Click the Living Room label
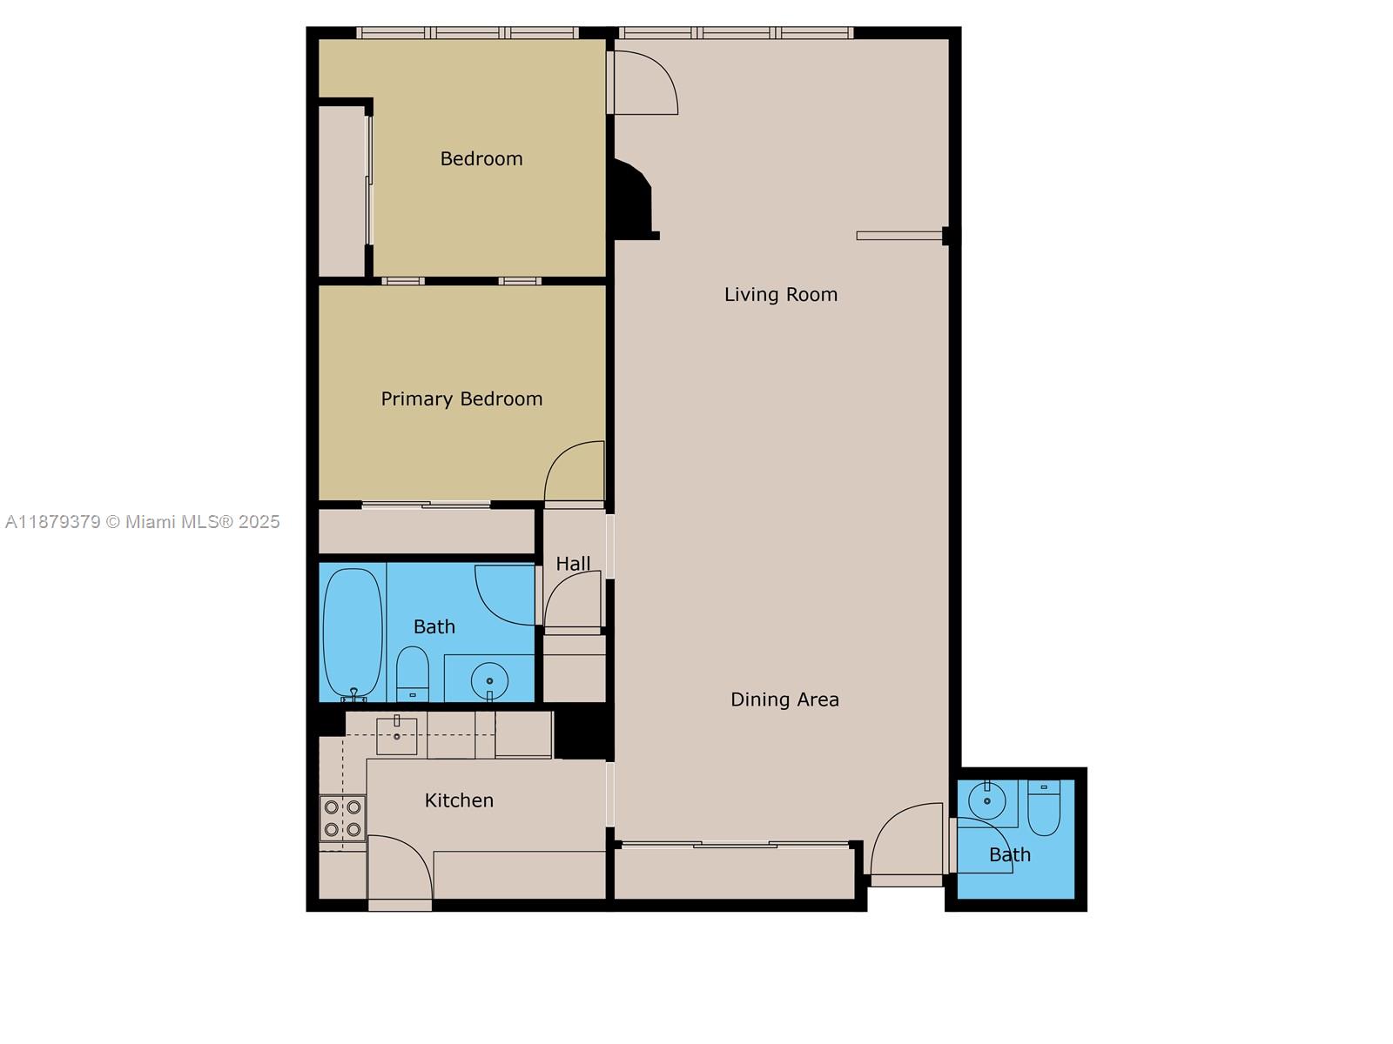pyautogui.click(x=781, y=295)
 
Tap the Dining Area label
pyautogui.click(x=784, y=699)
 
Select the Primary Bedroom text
pyautogui.click(x=461, y=399)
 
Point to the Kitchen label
pyautogui.click(x=459, y=800)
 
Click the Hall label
pyautogui.click(x=573, y=564)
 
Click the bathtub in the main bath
pyautogui.click(x=353, y=632)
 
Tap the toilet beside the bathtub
pyautogui.click(x=413, y=673)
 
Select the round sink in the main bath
pyautogui.click(x=489, y=679)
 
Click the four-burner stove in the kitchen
pyautogui.click(x=342, y=819)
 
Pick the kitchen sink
pyautogui.click(x=396, y=735)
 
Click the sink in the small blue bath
pyautogui.click(x=987, y=801)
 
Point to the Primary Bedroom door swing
pyautogui.click(x=575, y=472)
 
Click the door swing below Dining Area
pyautogui.click(x=908, y=840)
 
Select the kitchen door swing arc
pyautogui.click(x=400, y=867)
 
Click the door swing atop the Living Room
pyautogui.click(x=645, y=82)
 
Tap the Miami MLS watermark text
pyautogui.click(x=143, y=522)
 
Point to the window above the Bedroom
pyautogui.click(x=468, y=33)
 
